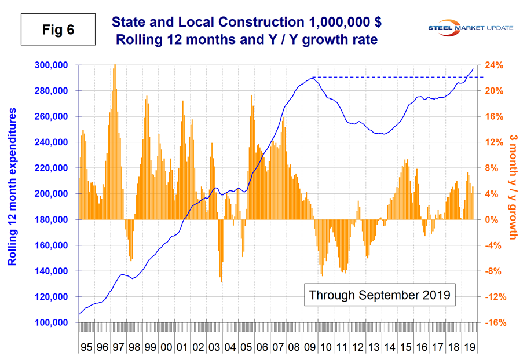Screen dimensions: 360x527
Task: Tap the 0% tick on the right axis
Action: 491,219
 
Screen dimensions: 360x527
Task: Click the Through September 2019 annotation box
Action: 379,295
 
